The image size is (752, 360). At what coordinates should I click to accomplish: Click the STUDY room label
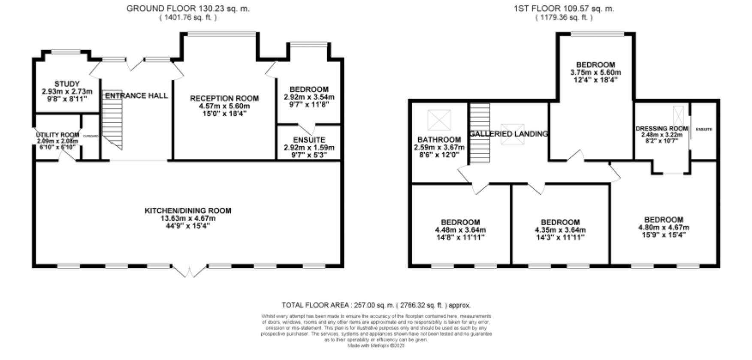click(67, 84)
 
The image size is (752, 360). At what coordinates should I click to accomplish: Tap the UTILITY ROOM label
click(57, 135)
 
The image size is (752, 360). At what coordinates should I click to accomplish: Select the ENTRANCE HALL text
click(136, 96)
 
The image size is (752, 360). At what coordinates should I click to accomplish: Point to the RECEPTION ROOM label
click(224, 99)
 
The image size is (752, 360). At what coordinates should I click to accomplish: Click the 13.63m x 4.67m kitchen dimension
click(187, 218)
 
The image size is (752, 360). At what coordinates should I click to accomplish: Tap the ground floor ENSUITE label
click(309, 140)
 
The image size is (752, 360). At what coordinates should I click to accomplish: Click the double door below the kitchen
click(189, 272)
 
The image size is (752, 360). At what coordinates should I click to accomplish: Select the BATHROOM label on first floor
click(439, 140)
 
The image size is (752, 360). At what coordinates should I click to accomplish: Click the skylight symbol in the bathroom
click(439, 120)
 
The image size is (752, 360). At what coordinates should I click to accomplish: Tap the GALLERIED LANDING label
click(509, 134)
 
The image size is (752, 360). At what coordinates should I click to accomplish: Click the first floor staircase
click(479, 133)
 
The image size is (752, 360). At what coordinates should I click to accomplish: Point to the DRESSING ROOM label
click(661, 129)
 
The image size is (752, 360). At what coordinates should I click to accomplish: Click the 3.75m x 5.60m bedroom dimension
click(595, 73)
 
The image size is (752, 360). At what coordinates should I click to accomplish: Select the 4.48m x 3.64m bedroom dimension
click(460, 230)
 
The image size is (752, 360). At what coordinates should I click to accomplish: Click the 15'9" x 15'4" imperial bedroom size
click(664, 235)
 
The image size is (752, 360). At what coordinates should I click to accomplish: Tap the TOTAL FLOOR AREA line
click(376, 306)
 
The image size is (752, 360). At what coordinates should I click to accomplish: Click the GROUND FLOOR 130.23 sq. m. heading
click(187, 9)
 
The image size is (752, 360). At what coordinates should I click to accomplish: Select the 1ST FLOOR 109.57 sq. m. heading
click(564, 9)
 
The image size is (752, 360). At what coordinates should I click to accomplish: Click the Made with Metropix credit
click(376, 345)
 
